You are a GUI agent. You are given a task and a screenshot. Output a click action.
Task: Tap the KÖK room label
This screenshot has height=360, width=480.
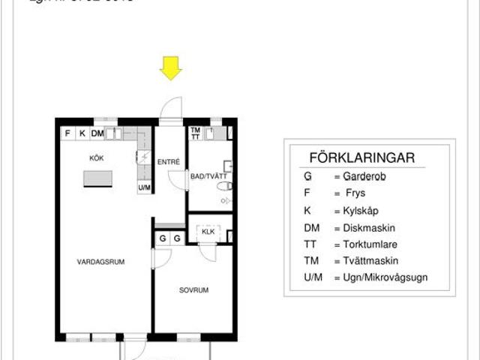click(x=96, y=158)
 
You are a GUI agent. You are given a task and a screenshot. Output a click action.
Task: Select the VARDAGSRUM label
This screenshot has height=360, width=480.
click(x=100, y=262)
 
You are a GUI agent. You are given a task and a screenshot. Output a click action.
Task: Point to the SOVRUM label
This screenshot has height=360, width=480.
click(x=193, y=289)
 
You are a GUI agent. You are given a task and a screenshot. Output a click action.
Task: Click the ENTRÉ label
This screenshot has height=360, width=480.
click(x=168, y=162)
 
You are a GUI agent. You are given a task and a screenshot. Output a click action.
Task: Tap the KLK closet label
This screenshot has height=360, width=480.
click(x=208, y=232)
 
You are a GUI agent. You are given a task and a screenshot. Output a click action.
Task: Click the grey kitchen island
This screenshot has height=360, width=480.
click(x=98, y=178)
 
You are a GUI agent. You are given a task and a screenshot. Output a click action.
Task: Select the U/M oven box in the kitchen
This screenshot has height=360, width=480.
click(x=144, y=187)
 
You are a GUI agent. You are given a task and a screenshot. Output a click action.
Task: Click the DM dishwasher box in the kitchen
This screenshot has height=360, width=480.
click(x=97, y=134)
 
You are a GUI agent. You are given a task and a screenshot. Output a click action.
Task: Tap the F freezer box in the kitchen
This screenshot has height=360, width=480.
click(x=67, y=134)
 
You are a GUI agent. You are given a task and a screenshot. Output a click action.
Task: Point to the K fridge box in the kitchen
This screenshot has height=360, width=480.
click(x=82, y=134)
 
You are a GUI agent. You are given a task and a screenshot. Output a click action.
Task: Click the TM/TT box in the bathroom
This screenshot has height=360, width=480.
click(x=195, y=133)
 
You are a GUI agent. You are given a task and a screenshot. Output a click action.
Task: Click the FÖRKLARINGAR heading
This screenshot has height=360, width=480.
click(x=361, y=158)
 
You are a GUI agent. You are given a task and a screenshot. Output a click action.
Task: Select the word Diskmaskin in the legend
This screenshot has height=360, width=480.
click(x=369, y=228)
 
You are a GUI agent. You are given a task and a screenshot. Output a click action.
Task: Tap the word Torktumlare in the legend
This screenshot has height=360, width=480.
click(x=371, y=244)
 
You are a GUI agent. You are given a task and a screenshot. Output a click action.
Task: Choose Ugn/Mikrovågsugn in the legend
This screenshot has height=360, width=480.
click(x=385, y=279)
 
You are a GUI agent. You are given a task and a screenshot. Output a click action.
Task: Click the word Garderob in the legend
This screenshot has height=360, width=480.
click(x=365, y=178)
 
